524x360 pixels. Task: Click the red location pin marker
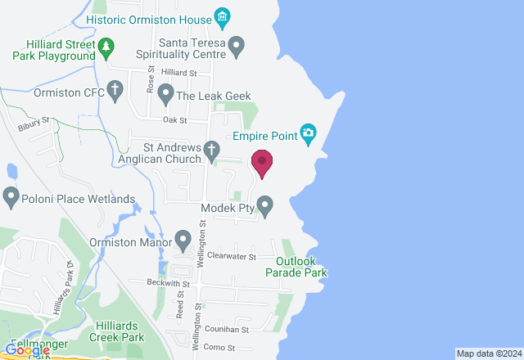point(262,163)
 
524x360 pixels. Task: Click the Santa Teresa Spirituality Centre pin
point(237,46)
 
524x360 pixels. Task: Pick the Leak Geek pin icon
point(165,96)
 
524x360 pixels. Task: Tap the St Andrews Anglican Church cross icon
point(212,149)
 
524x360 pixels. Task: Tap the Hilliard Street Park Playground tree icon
point(107,49)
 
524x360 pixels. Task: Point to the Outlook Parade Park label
point(296,267)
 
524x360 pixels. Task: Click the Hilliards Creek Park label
point(120,331)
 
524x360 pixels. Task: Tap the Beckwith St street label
point(169,283)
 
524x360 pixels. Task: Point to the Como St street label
point(219,347)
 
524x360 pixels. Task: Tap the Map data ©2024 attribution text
point(488,353)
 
